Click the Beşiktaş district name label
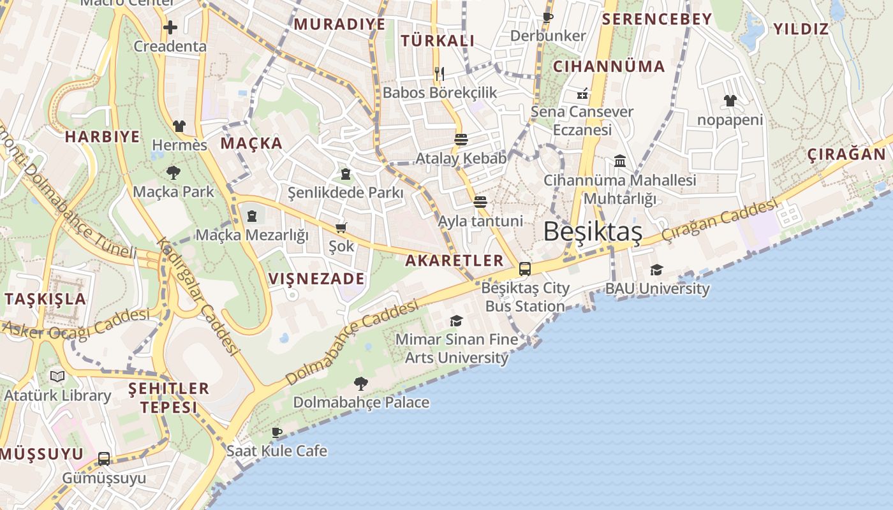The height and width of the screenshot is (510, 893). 593,232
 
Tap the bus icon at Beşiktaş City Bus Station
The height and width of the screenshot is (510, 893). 525,269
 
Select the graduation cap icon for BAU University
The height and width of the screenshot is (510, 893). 656,270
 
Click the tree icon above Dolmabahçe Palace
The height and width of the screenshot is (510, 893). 360,383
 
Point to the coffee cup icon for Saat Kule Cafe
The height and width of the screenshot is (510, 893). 277,432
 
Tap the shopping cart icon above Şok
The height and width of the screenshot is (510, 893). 341,228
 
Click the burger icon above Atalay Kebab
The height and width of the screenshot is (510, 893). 461,140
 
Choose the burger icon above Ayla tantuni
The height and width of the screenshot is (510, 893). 480,203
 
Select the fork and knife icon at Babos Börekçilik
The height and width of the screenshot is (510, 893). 439,74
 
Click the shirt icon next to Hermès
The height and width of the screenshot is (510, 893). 179,126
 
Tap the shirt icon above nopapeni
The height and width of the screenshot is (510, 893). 730,101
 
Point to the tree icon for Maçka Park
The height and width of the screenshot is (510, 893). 173,172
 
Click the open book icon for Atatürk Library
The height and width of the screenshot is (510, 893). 57,376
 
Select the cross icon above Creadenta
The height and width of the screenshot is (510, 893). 170,27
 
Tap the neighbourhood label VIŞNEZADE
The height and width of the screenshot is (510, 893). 316,279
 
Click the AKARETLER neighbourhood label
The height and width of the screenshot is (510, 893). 455,260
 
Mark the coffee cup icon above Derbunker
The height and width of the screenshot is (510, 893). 547,17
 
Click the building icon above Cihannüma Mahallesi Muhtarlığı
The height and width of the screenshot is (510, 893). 619,161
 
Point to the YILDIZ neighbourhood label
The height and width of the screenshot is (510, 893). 801,29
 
